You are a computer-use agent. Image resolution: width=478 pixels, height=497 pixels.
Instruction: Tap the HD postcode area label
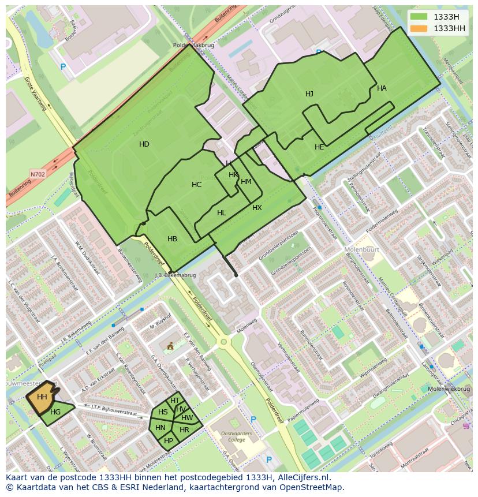tap(144, 144)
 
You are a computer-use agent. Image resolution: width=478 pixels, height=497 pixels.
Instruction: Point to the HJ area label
tap(309, 94)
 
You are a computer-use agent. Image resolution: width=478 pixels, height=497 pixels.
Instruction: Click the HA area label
tap(382, 88)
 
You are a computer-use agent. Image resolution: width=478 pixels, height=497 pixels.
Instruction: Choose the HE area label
tap(319, 147)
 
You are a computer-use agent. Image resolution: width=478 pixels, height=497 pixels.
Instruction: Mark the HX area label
tap(257, 208)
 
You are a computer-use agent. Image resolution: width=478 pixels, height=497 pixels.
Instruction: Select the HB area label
tap(172, 239)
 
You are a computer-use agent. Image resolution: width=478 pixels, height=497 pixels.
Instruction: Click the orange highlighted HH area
tap(42, 397)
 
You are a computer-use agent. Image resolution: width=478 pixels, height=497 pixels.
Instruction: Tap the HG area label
tap(55, 412)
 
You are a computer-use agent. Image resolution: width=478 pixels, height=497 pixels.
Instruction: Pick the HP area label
tap(169, 440)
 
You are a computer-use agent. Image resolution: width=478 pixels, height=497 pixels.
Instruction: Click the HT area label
tap(175, 401)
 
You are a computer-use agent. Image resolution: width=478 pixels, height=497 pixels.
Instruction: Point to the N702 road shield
tap(38, 173)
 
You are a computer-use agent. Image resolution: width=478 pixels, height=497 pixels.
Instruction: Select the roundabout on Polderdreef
tap(223, 342)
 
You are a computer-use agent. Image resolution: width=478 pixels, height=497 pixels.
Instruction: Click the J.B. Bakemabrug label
tap(175, 275)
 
